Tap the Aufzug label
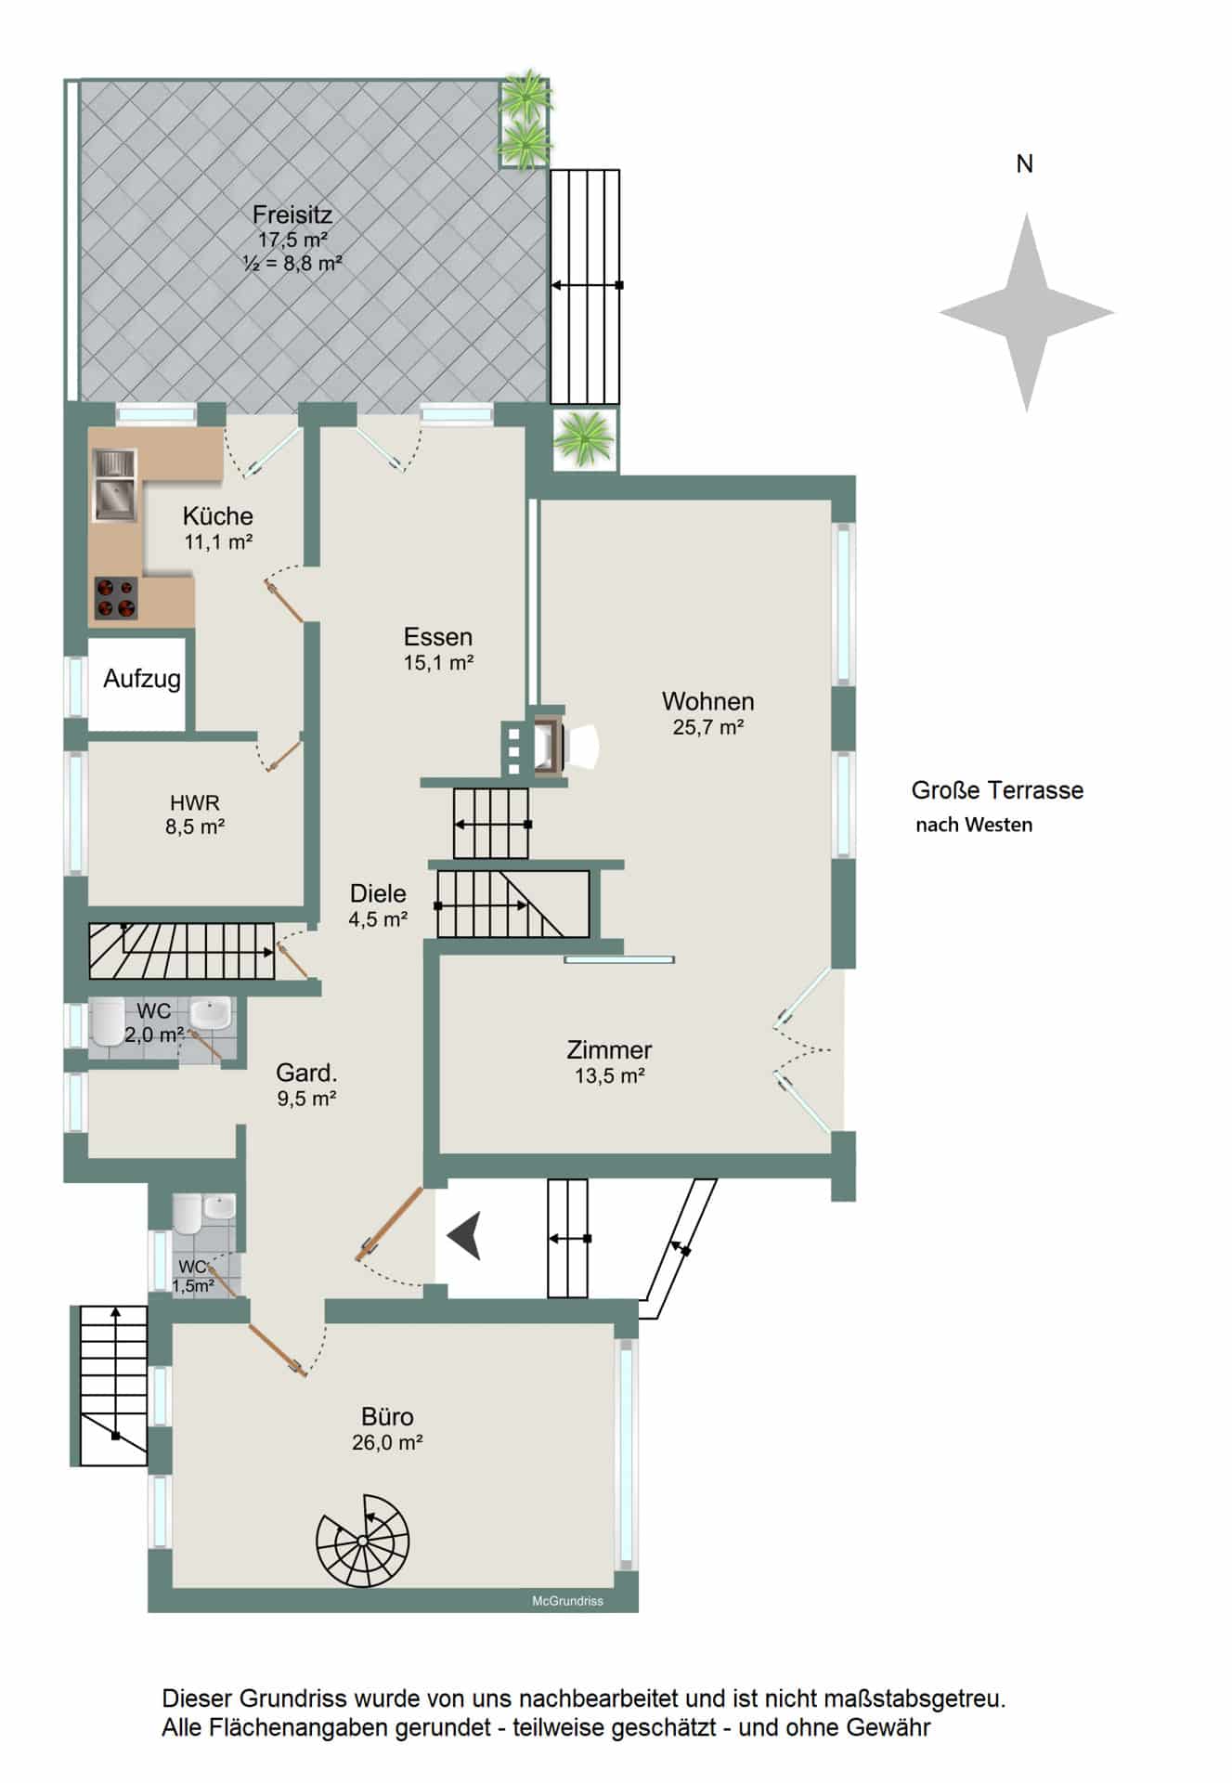142,679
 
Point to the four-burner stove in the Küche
116,598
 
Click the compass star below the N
1026,313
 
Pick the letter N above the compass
1025,164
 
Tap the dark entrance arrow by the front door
464,1236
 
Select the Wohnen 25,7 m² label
707,713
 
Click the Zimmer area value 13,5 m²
610,1076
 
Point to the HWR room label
195,803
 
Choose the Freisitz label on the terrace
292,215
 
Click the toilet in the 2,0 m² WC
106,1022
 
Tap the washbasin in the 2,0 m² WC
210,1013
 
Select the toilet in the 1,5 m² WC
187,1214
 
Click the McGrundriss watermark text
567,1601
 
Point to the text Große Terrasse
997,790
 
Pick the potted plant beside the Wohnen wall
584,438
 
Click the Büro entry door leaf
278,1349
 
